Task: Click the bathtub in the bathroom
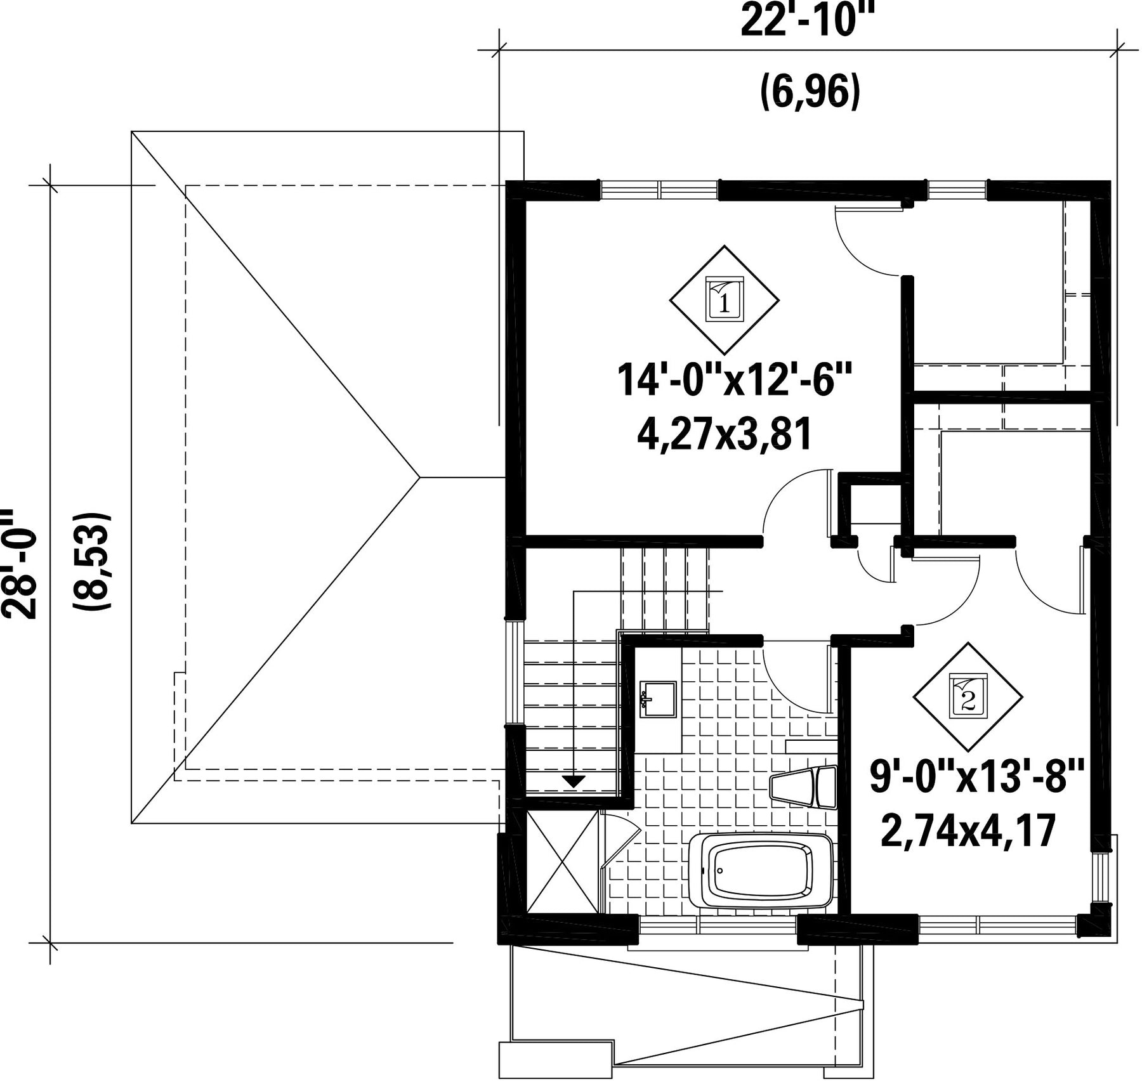pyautogui.click(x=761, y=870)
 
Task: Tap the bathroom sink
pyautogui.click(x=658, y=699)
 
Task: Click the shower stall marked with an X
pyautogui.click(x=562, y=862)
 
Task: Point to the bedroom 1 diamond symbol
pyautogui.click(x=725, y=299)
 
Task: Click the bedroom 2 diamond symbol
pyautogui.click(x=968, y=697)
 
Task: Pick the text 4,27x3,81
pyautogui.click(x=725, y=436)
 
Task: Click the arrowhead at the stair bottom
pyautogui.click(x=574, y=781)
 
